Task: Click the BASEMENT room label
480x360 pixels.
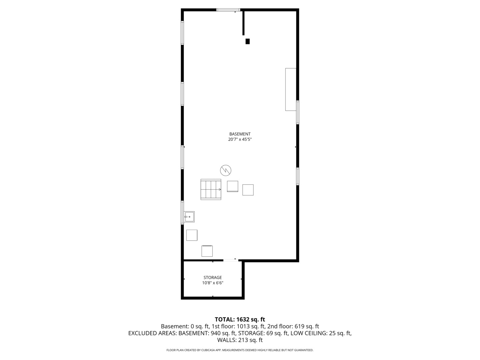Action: (240, 134)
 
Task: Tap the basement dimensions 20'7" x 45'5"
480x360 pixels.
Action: (240, 140)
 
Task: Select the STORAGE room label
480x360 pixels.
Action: (213, 277)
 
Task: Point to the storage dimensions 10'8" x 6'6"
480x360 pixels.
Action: (213, 283)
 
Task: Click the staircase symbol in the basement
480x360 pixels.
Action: (211, 189)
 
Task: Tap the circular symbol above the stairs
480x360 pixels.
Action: (226, 170)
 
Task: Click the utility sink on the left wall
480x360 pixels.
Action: (189, 217)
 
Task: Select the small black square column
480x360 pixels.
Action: (247, 41)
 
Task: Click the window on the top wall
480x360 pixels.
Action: (228, 10)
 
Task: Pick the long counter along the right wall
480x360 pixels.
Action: (291, 89)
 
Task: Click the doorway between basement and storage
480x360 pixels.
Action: (230, 260)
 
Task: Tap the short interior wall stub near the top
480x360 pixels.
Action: (243, 23)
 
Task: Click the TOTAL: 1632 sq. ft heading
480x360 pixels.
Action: (240, 319)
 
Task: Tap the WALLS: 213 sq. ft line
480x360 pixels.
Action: (240, 340)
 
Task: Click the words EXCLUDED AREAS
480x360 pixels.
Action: (152, 333)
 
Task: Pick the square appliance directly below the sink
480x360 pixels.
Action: (192, 235)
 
